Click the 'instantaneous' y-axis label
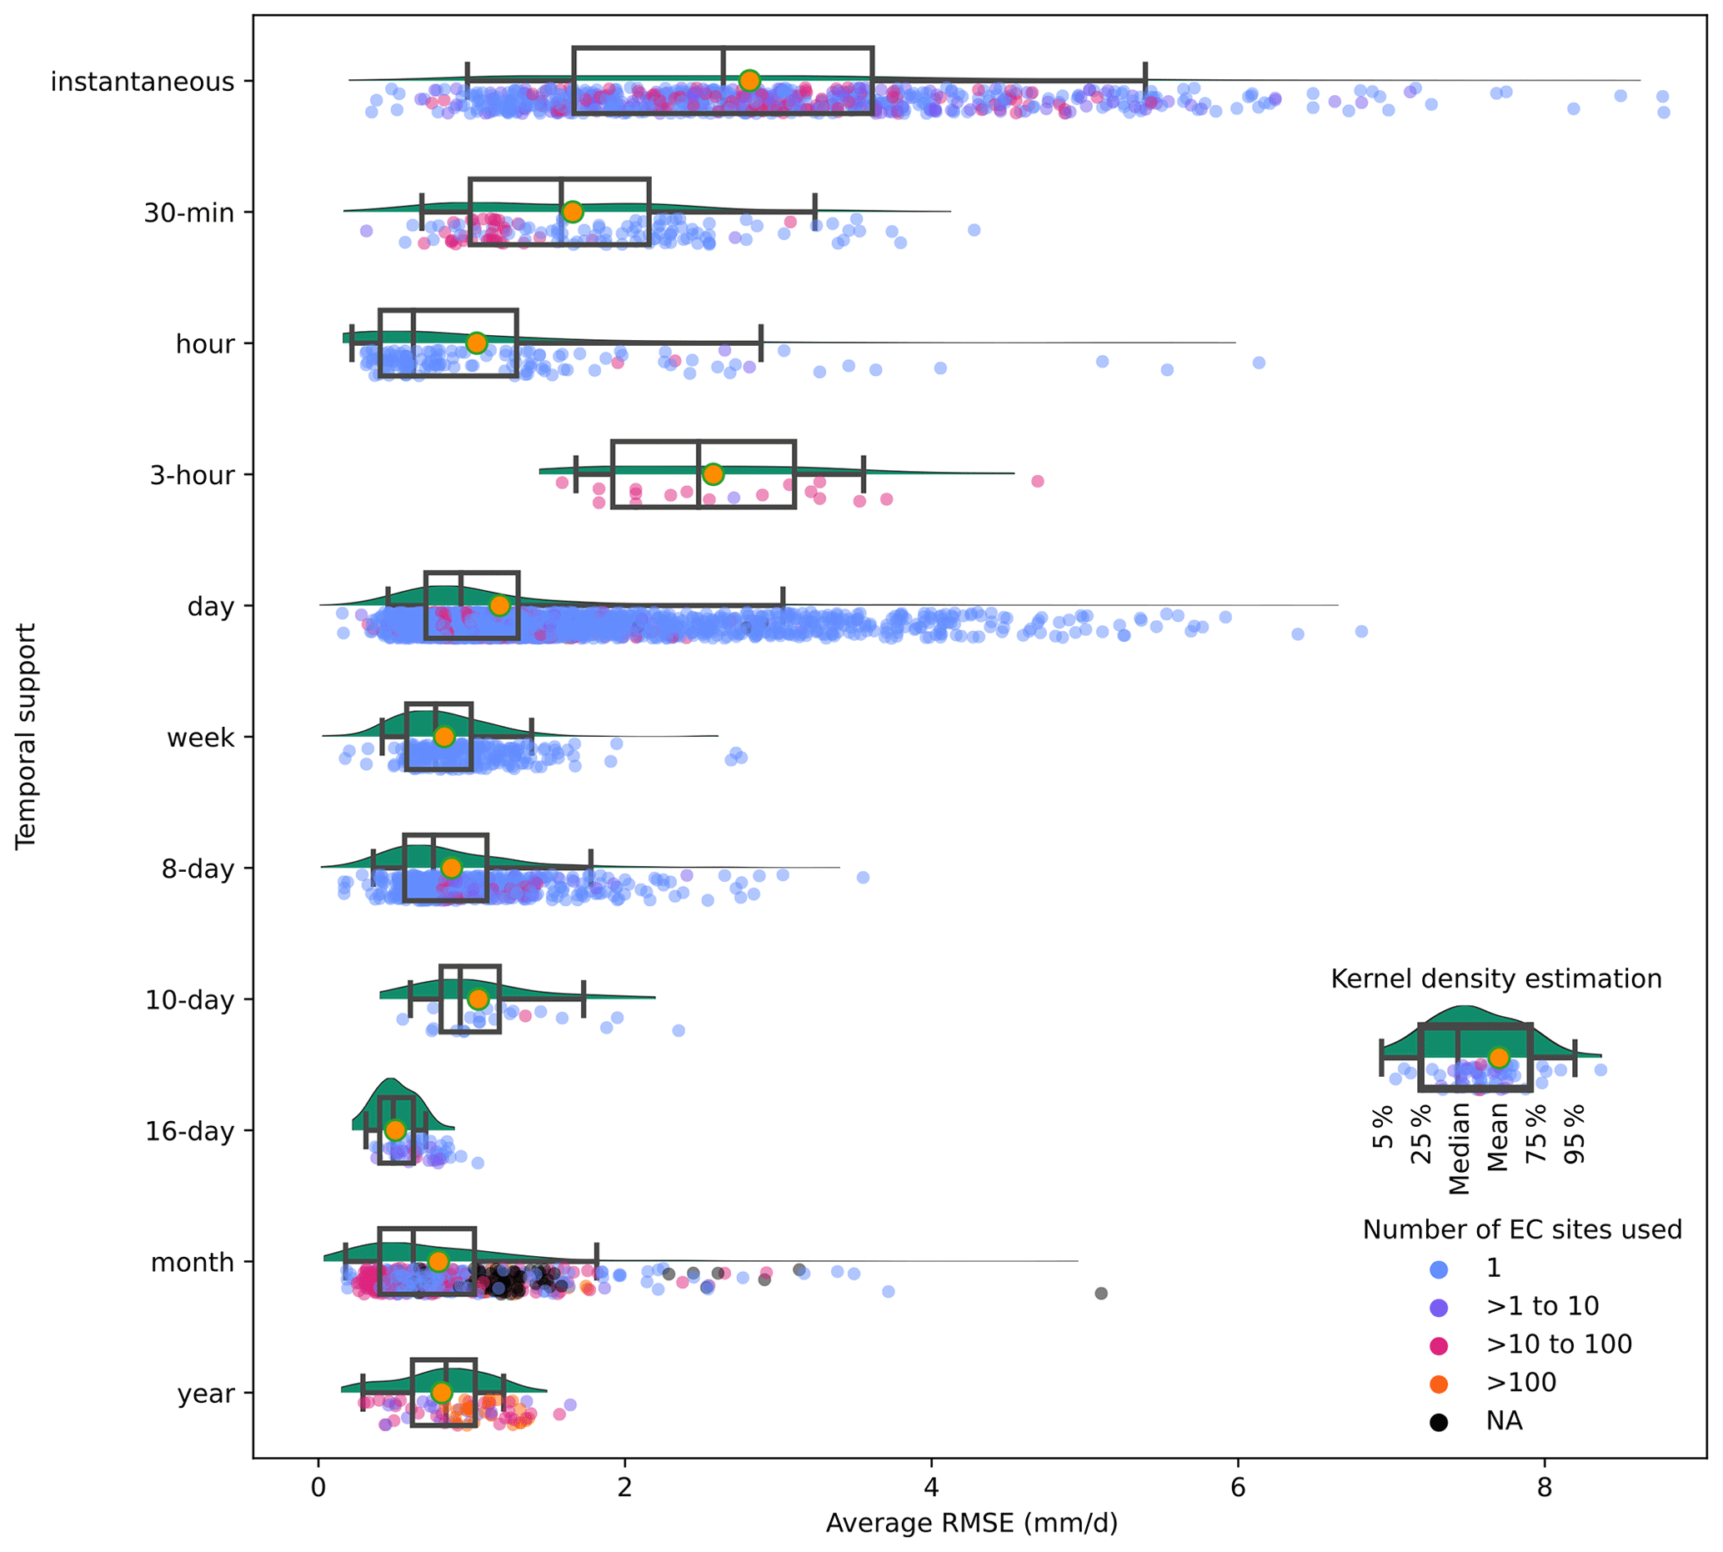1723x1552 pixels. pos(142,82)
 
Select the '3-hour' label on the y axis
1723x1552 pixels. pos(192,475)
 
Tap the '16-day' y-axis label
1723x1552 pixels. pos(189,1132)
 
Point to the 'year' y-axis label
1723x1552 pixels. pos(206,1394)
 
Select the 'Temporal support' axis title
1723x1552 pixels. pos(27,736)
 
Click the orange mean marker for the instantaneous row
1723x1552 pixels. pos(749,81)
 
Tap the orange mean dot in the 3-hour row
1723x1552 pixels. pos(713,474)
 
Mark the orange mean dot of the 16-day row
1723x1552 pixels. pos(395,1130)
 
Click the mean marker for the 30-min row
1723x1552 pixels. pos(573,212)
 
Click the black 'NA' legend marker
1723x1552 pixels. pos(1439,1421)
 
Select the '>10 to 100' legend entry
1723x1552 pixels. pos(1559,1344)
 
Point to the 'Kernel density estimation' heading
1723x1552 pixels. pos(1496,979)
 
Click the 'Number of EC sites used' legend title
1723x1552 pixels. pos(1522,1229)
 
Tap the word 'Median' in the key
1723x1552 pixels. pos(1460,1149)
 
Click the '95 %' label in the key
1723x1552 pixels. pos(1575,1134)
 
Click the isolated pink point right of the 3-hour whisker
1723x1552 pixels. pos(1037,481)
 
